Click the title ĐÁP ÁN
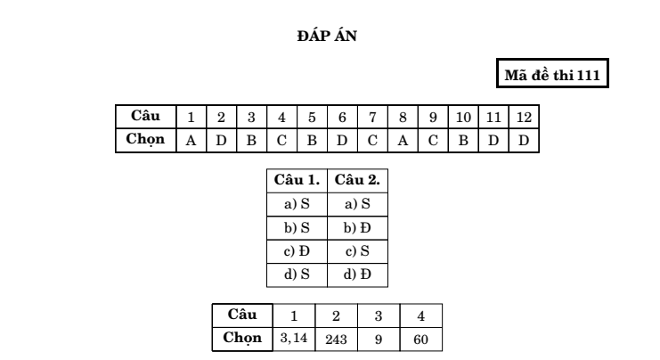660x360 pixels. click(x=327, y=37)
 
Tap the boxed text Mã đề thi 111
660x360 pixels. click(x=552, y=75)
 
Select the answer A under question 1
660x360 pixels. click(x=191, y=140)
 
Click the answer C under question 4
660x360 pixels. click(x=281, y=140)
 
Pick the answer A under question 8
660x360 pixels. click(x=403, y=140)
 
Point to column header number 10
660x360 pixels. click(x=463, y=117)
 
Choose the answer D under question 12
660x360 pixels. click(x=524, y=140)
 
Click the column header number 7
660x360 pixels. click(x=372, y=117)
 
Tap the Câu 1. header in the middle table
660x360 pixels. click(x=297, y=180)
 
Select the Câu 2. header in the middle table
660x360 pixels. click(x=357, y=180)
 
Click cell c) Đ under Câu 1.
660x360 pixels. click(x=297, y=251)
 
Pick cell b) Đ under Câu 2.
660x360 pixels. click(x=357, y=228)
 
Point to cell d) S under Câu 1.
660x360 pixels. click(x=297, y=274)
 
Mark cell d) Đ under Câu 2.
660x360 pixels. click(x=357, y=274)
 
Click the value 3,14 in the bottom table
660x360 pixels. click(x=294, y=338)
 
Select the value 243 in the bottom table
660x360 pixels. click(x=336, y=340)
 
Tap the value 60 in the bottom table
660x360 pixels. click(x=421, y=340)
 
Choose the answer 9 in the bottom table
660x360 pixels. click(x=379, y=340)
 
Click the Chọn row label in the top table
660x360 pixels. click(x=145, y=139)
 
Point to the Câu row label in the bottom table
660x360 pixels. click(x=242, y=315)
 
